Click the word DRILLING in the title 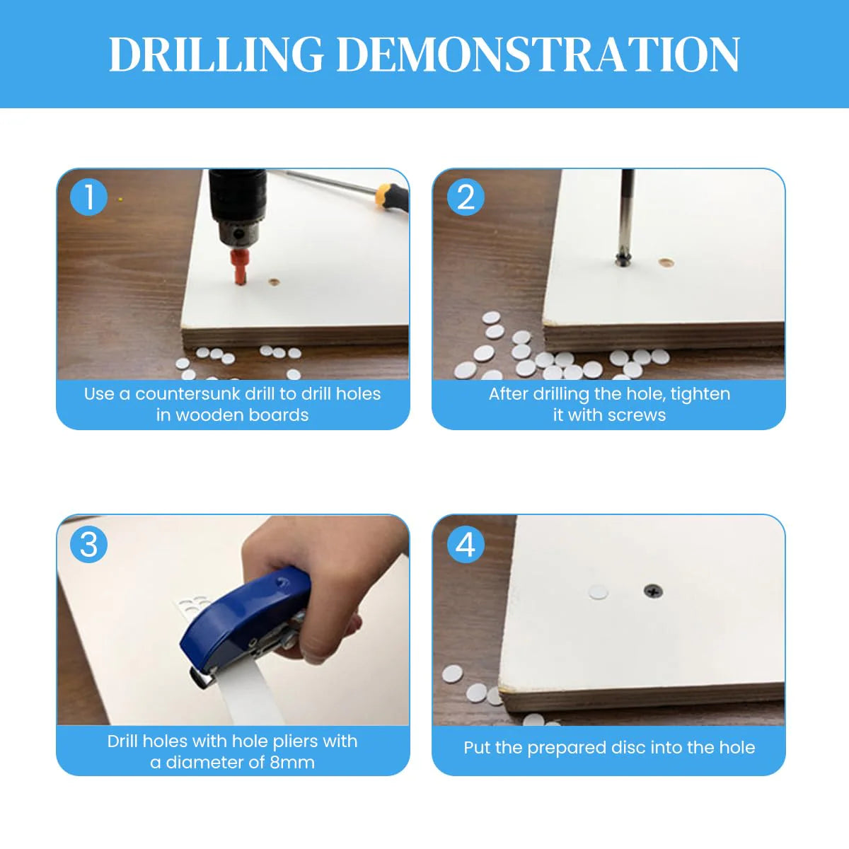216,55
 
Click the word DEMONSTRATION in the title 538,55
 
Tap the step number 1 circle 89,197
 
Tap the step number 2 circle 465,197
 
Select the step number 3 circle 89,545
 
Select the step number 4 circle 465,545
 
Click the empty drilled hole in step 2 665,262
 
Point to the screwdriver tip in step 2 623,258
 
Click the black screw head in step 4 652,590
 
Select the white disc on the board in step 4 599,591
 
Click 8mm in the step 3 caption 291,763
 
